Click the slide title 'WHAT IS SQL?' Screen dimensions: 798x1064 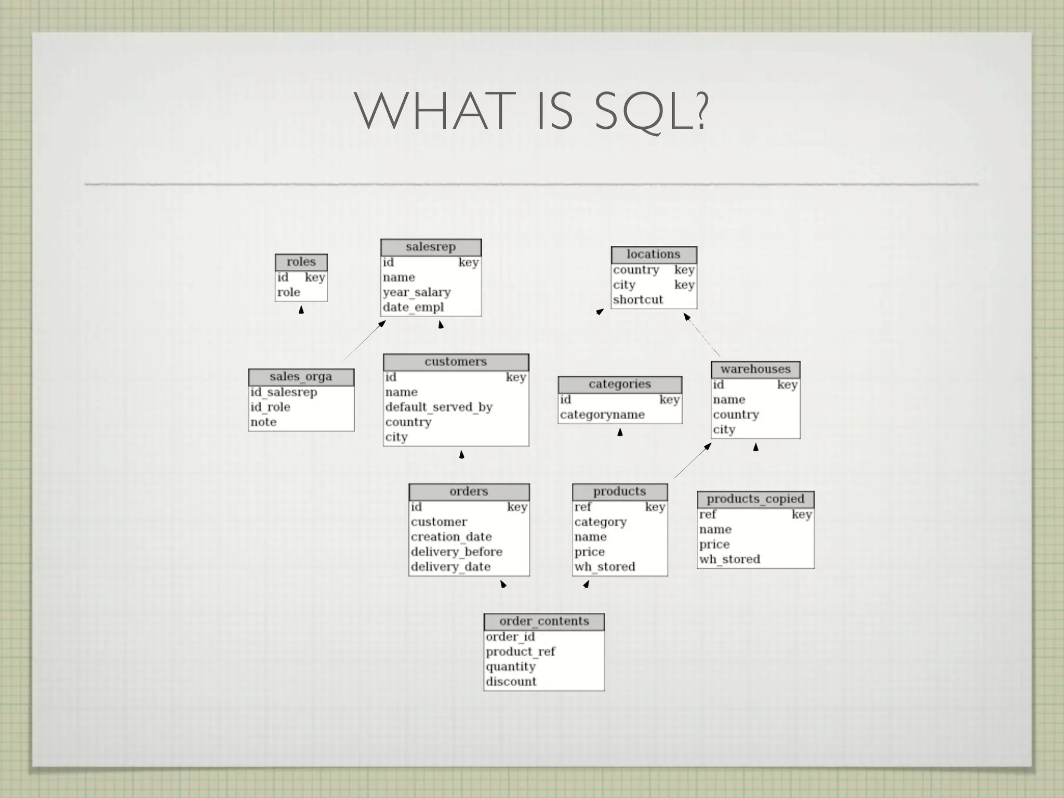point(531,111)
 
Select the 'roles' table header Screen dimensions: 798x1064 point(301,262)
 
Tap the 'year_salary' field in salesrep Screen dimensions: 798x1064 point(417,292)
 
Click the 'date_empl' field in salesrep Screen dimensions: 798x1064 point(414,308)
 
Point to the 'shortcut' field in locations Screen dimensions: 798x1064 point(638,300)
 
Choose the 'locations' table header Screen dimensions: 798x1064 point(653,255)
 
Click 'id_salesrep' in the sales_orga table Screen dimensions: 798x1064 point(284,392)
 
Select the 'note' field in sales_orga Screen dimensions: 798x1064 point(263,422)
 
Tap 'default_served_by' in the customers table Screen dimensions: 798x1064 point(439,407)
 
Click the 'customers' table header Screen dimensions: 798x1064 point(456,362)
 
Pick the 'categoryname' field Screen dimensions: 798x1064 point(602,415)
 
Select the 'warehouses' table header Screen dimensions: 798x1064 point(755,369)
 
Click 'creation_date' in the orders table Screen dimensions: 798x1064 point(451,537)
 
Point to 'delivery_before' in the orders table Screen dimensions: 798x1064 point(457,552)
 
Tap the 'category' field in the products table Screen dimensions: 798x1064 point(601,522)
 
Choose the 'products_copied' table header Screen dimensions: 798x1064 point(755,499)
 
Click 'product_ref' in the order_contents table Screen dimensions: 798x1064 point(521,652)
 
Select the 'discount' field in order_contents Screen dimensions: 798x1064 point(511,682)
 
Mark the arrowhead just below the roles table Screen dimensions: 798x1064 point(301,310)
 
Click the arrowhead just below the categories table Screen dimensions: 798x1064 point(620,432)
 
